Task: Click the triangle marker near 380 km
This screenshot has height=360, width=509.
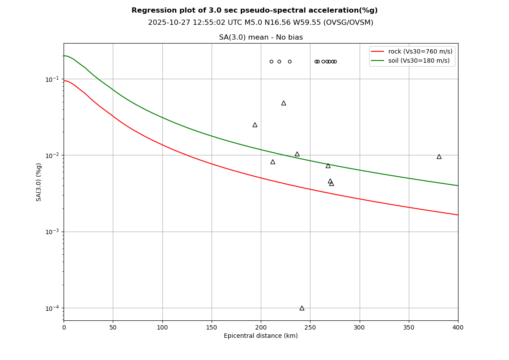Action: pyautogui.click(x=439, y=157)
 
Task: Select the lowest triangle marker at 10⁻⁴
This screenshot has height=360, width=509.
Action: pyautogui.click(x=302, y=308)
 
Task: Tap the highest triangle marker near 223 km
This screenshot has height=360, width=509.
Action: pyautogui.click(x=283, y=103)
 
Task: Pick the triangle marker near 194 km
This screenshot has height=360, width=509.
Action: pyautogui.click(x=255, y=125)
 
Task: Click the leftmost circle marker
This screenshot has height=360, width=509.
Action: pyautogui.click(x=271, y=61)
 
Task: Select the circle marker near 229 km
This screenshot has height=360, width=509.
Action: pyautogui.click(x=290, y=61)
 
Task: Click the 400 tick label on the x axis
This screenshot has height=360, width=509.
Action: pyautogui.click(x=458, y=327)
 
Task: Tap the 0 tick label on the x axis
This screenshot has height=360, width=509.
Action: pyautogui.click(x=64, y=327)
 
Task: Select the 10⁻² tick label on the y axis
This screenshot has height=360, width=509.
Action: pyautogui.click(x=53, y=155)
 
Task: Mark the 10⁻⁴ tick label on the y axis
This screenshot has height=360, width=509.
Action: pyautogui.click(x=53, y=308)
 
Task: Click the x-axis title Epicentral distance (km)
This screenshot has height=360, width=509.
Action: pyautogui.click(x=260, y=336)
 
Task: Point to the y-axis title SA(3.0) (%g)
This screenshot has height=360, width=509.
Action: pyautogui.click(x=39, y=182)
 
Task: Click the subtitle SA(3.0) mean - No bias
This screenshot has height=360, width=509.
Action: pyautogui.click(x=260, y=37)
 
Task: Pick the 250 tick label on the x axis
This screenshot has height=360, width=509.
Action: pyautogui.click(x=310, y=327)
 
